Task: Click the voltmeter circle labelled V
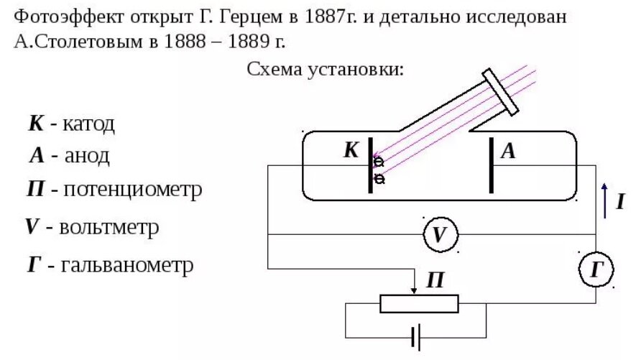click(x=440, y=234)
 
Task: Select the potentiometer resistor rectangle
click(x=419, y=303)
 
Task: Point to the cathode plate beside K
click(x=371, y=165)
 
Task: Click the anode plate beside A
click(x=492, y=165)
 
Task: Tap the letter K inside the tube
click(x=351, y=150)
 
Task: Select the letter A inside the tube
click(x=509, y=151)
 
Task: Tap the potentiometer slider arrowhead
click(x=415, y=290)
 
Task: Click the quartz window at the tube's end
click(x=501, y=91)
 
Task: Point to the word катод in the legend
click(x=88, y=124)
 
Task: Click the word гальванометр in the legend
click(x=127, y=265)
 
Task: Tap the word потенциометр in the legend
click(x=132, y=190)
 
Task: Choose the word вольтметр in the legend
click(x=109, y=227)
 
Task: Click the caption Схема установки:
click(x=326, y=69)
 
